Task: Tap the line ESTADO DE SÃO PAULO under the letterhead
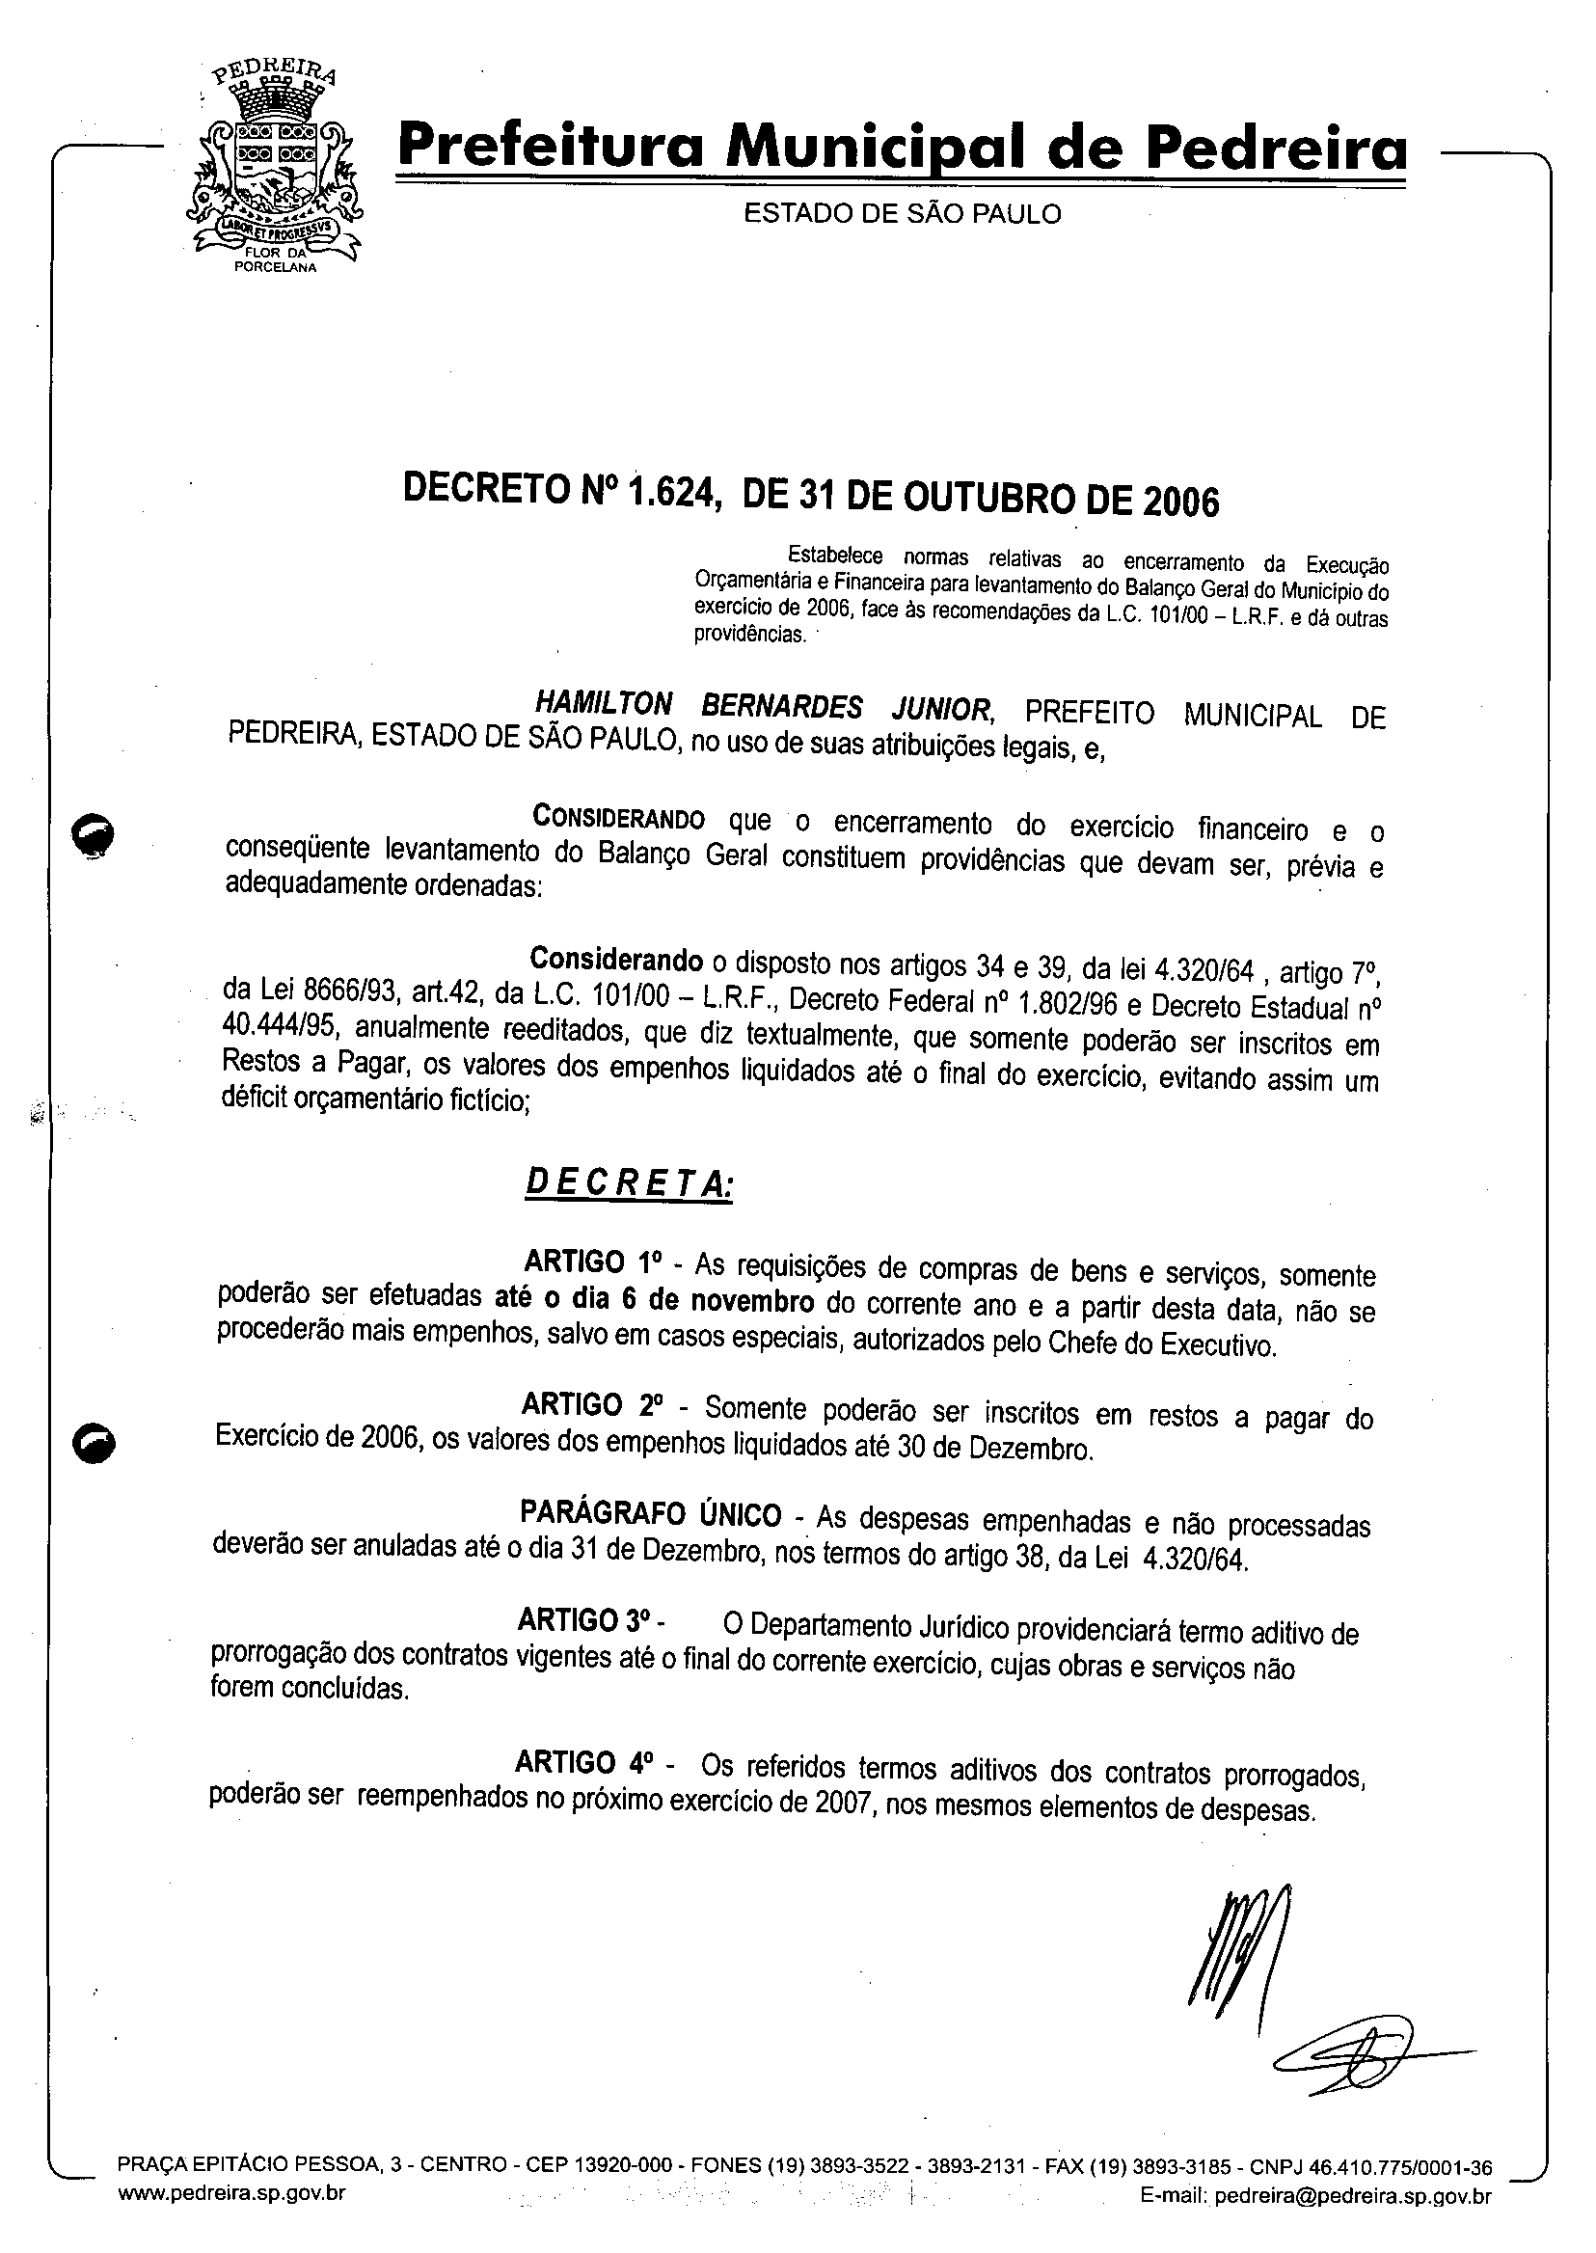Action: coord(903,213)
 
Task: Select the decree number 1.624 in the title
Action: coord(668,491)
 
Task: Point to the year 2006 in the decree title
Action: coord(1180,502)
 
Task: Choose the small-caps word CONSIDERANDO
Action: coord(618,818)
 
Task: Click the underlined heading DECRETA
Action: coord(629,1182)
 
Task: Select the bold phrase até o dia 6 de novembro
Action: coord(654,1300)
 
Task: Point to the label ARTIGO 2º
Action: coord(591,1404)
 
